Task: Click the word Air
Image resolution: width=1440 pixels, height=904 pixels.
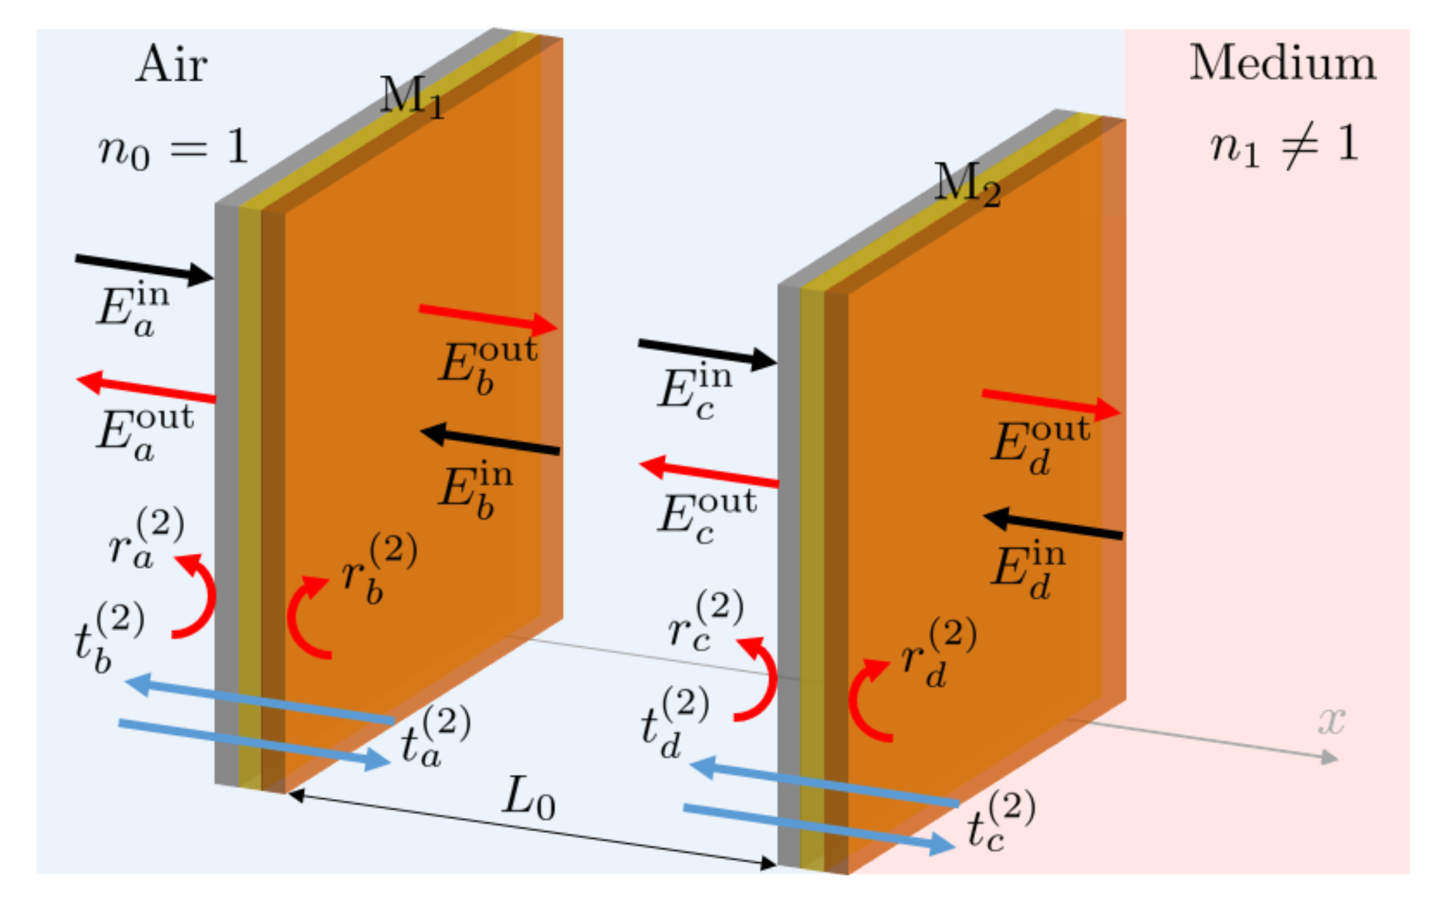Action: (172, 65)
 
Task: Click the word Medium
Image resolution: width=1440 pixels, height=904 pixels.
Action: (1282, 64)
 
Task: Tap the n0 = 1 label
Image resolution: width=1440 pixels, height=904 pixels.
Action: (173, 148)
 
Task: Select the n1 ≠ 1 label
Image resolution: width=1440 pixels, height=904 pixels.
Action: (1283, 147)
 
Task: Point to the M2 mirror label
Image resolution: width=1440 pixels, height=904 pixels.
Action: (967, 184)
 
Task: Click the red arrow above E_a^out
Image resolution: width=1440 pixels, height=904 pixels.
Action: (146, 388)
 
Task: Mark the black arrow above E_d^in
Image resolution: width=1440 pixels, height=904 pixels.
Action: (1053, 526)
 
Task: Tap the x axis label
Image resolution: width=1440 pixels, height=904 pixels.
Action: (1331, 721)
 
